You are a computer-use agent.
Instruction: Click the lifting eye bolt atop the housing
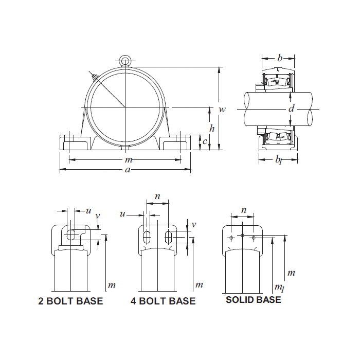point(125,61)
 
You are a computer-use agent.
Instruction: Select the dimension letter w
point(222,109)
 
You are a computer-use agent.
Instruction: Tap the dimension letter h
point(212,128)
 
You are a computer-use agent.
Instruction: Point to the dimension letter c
point(205,141)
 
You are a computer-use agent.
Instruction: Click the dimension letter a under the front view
point(128,170)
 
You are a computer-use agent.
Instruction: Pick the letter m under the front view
point(129,160)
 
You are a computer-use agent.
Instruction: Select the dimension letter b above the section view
point(280,58)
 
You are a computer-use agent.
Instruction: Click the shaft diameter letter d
point(291,109)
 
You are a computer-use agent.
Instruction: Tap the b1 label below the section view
point(279,160)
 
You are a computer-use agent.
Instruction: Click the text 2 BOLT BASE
point(71,301)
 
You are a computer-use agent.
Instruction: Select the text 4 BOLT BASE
point(163,301)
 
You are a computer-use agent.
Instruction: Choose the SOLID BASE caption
point(254,300)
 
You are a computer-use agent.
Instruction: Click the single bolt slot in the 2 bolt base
point(71,235)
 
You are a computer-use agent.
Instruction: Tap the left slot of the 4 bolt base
point(147,237)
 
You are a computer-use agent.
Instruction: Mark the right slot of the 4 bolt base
point(169,237)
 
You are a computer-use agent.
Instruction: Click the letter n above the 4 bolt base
point(157,196)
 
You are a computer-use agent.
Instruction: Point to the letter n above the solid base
point(244,210)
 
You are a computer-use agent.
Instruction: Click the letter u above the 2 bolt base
point(88,211)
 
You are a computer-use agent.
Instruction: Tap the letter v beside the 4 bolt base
point(194,225)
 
